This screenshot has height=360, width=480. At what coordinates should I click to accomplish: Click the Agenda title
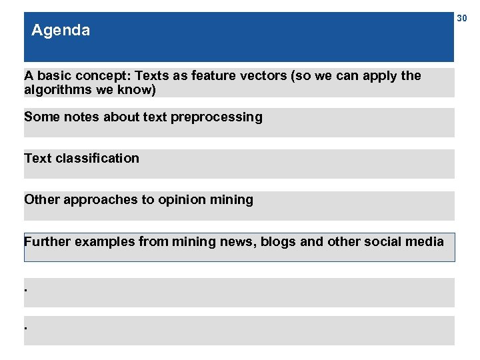coord(61,31)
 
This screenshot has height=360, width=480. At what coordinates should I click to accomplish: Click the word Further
coord(47,241)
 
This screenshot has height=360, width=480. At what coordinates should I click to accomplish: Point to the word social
coord(381,241)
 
